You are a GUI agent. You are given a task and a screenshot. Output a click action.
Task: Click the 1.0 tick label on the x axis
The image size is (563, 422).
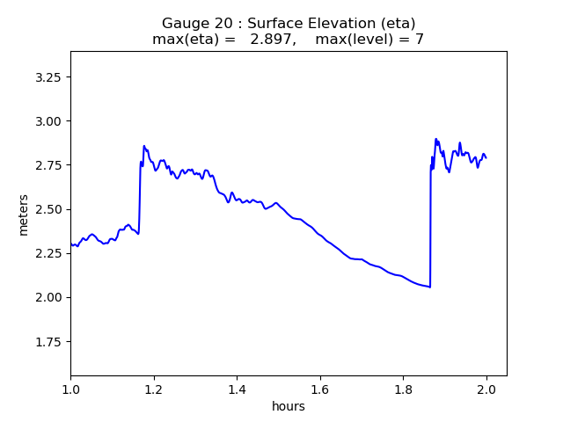click(x=70, y=389)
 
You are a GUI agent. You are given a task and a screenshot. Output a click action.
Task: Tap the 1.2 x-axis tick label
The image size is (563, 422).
click(x=154, y=389)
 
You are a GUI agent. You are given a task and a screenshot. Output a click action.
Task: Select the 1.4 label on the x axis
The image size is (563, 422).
click(x=237, y=389)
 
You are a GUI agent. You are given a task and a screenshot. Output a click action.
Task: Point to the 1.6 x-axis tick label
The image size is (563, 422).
click(x=320, y=389)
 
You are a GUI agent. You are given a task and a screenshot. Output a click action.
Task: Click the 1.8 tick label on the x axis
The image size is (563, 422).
click(x=403, y=389)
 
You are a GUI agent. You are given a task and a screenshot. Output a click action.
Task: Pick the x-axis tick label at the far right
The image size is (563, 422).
click(x=486, y=389)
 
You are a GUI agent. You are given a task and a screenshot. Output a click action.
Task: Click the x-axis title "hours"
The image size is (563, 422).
click(x=289, y=406)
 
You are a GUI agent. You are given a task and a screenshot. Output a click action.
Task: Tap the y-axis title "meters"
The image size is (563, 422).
click(x=24, y=215)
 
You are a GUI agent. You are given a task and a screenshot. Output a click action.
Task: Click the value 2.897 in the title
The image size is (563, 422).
click(x=271, y=40)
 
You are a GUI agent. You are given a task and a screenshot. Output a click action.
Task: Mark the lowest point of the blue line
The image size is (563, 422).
click(x=429, y=287)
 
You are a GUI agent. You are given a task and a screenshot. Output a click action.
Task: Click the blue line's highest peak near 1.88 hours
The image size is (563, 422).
click(x=435, y=139)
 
